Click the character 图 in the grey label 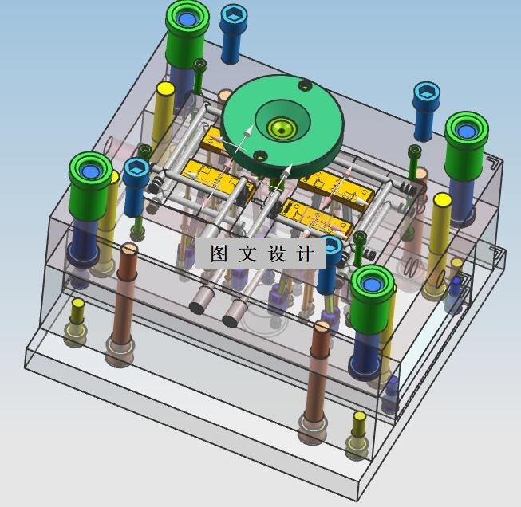[x=219, y=253]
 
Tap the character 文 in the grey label [x=247, y=253]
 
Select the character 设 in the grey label [x=276, y=253]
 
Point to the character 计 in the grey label [x=305, y=253]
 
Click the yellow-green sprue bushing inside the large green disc [x=282, y=128]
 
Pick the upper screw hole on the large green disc [x=305, y=85]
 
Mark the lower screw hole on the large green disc [x=260, y=155]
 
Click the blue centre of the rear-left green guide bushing [x=186, y=18]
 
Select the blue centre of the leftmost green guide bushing [x=90, y=171]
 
